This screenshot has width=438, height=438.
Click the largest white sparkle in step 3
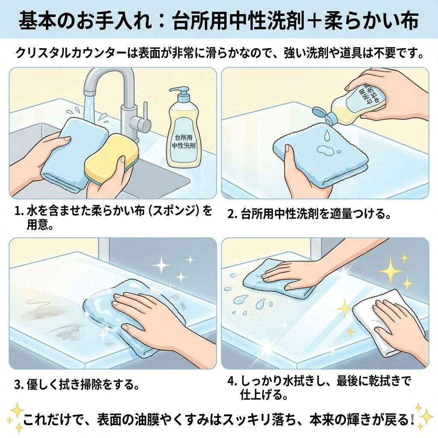pyautogui.click(x=161, y=266)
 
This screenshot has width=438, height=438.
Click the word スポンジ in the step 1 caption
pyautogui.click(x=172, y=211)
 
